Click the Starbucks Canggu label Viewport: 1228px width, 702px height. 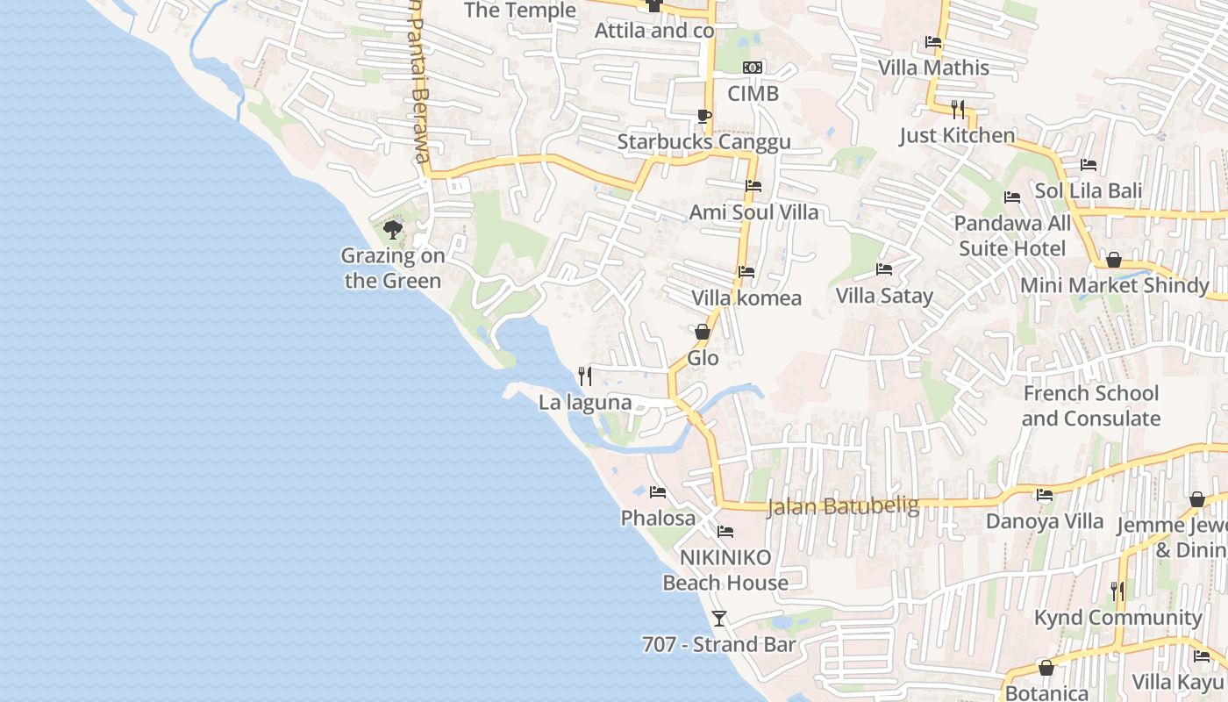[x=703, y=141]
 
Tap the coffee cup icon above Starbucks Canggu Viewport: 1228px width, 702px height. [x=703, y=116]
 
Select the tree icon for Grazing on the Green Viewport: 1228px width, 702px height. [x=393, y=230]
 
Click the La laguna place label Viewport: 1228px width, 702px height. [x=585, y=403]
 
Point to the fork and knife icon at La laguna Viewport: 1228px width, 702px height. [x=585, y=376]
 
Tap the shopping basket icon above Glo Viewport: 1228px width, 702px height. [x=703, y=332]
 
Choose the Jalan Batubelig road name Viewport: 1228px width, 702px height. [x=843, y=506]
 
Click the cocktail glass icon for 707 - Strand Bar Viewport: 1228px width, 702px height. [x=719, y=619]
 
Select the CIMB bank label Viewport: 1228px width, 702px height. [x=753, y=93]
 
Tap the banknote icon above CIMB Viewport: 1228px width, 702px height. [x=753, y=68]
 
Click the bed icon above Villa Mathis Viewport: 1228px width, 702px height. [x=933, y=42]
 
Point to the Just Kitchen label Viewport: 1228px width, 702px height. [x=957, y=135]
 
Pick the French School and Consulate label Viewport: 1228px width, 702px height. [x=1091, y=405]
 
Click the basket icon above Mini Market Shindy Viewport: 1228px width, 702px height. [x=1114, y=260]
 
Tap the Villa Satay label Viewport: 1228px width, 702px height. [x=884, y=296]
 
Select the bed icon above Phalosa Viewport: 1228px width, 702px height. [x=658, y=492]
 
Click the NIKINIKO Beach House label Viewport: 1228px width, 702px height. [x=725, y=570]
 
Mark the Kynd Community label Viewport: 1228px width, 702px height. [x=1117, y=618]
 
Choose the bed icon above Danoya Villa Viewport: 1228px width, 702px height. [x=1044, y=495]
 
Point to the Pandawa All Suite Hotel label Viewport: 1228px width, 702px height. [x=1011, y=236]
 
